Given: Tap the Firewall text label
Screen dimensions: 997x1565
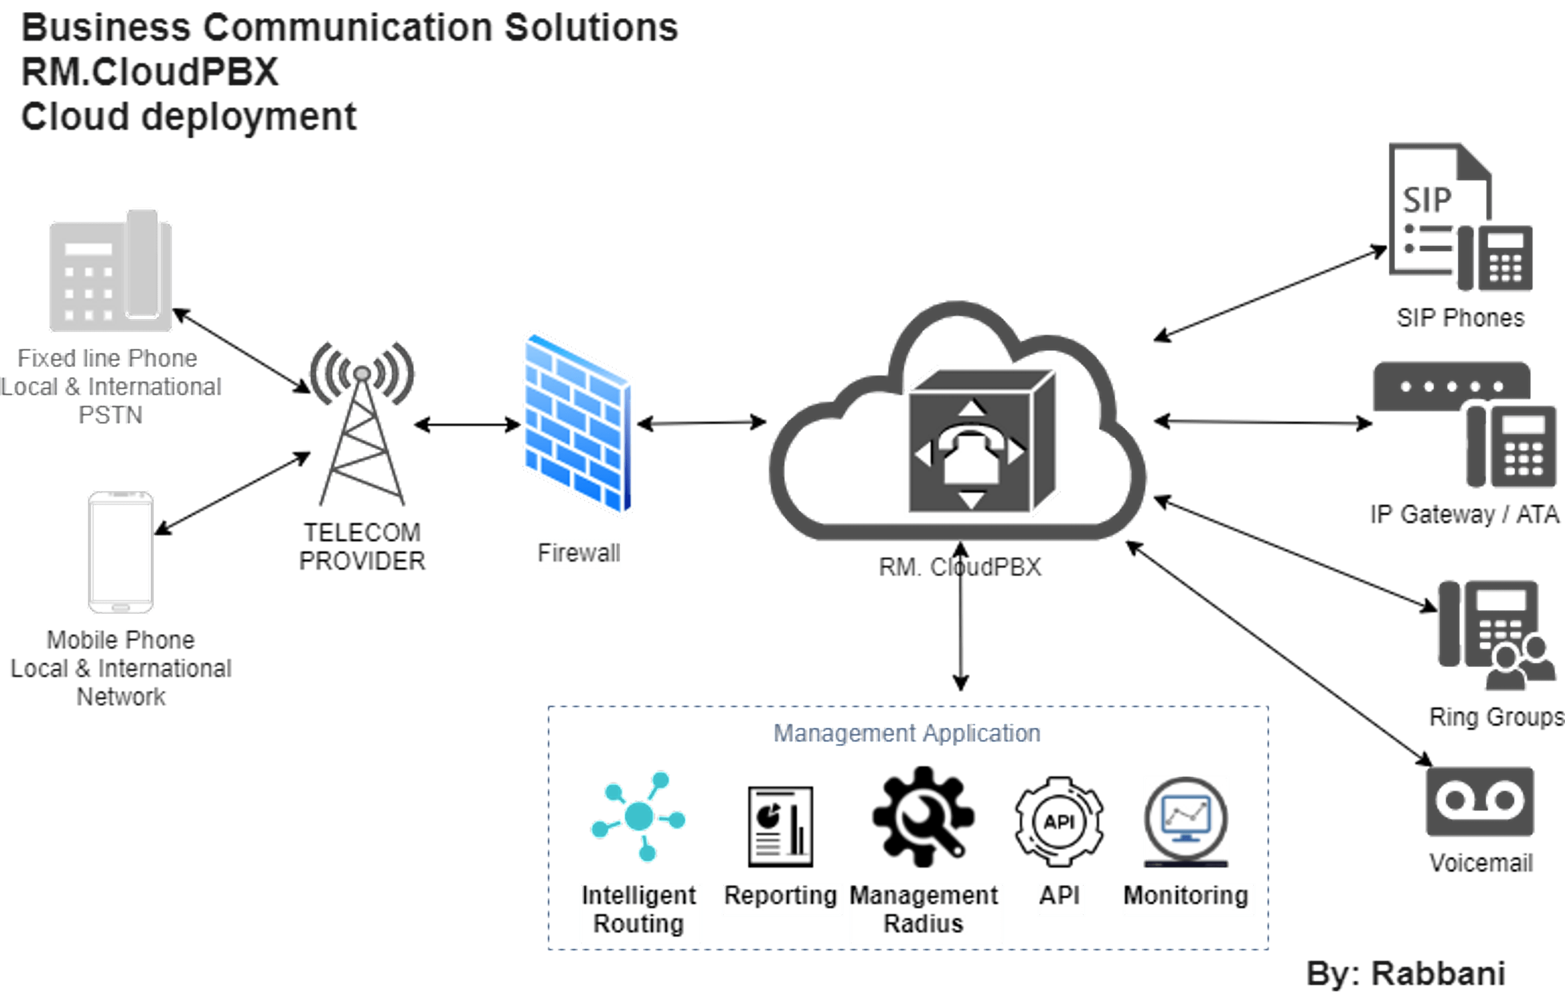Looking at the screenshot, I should pos(579,553).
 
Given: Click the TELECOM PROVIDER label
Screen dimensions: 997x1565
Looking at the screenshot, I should pos(362,547).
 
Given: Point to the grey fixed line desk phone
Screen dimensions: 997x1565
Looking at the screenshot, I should pos(111,272).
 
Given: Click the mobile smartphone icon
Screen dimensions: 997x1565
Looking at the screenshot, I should pos(121,552).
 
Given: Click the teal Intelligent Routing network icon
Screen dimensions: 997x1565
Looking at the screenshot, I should pos(638,816).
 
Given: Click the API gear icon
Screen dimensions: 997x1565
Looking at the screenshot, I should pos(1059,822).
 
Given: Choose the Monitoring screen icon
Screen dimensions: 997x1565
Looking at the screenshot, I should pos(1185,821).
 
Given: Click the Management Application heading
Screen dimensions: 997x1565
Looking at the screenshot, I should pos(907,733).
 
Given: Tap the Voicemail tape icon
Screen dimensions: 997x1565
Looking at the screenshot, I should pos(1479,801).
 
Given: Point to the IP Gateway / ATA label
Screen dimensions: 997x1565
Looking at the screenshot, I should pos(1464,514).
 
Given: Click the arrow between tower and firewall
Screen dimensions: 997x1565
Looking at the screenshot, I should pos(467,425).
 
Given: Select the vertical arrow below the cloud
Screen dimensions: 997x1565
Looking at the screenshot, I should pos(960,617).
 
